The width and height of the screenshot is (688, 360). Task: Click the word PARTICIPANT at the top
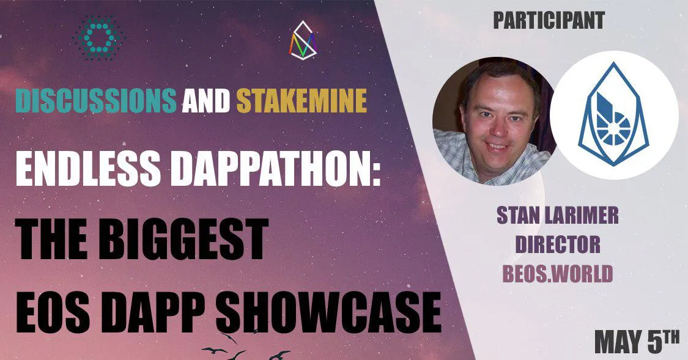tap(549, 20)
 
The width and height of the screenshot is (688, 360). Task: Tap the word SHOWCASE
tap(328, 312)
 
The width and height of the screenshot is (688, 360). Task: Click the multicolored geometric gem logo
tap(303, 40)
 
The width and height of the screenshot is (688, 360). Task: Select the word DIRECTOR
tap(558, 244)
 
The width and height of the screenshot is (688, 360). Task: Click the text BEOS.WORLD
tap(558, 274)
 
